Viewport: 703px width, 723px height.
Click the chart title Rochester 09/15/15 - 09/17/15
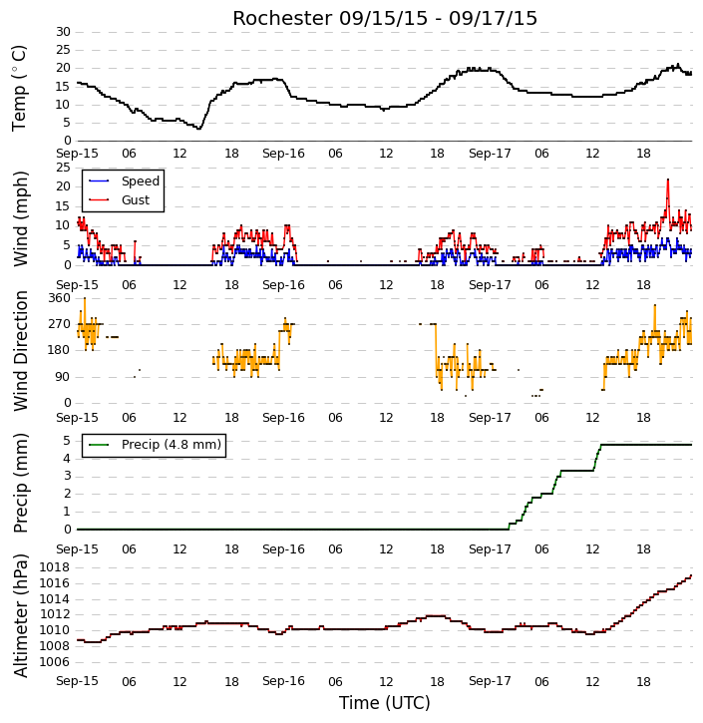(x=385, y=18)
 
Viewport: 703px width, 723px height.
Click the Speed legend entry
(x=124, y=181)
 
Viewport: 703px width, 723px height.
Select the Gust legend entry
(x=120, y=200)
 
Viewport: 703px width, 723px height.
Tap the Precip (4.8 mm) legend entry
(x=155, y=445)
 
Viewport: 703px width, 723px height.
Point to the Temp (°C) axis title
(x=19, y=88)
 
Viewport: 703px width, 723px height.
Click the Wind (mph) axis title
(x=20, y=218)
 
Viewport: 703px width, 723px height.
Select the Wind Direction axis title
(x=20, y=350)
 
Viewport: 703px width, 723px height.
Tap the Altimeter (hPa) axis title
(x=20, y=616)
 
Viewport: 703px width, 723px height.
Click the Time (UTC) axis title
(x=385, y=703)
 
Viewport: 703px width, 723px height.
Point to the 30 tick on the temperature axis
(x=63, y=32)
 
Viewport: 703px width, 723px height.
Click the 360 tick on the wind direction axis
(x=60, y=298)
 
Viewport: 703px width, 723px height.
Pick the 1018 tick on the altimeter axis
(x=55, y=567)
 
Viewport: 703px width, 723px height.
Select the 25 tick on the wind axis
(x=63, y=168)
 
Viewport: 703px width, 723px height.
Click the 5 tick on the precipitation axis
(x=67, y=441)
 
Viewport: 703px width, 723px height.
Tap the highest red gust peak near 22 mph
(x=668, y=180)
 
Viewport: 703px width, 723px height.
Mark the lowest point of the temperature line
(x=199, y=129)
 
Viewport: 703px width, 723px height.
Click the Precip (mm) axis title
(x=20, y=484)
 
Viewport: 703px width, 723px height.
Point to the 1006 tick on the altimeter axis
(x=55, y=662)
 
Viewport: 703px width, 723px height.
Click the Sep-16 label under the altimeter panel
(x=283, y=681)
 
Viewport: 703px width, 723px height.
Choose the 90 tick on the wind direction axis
(x=63, y=377)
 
